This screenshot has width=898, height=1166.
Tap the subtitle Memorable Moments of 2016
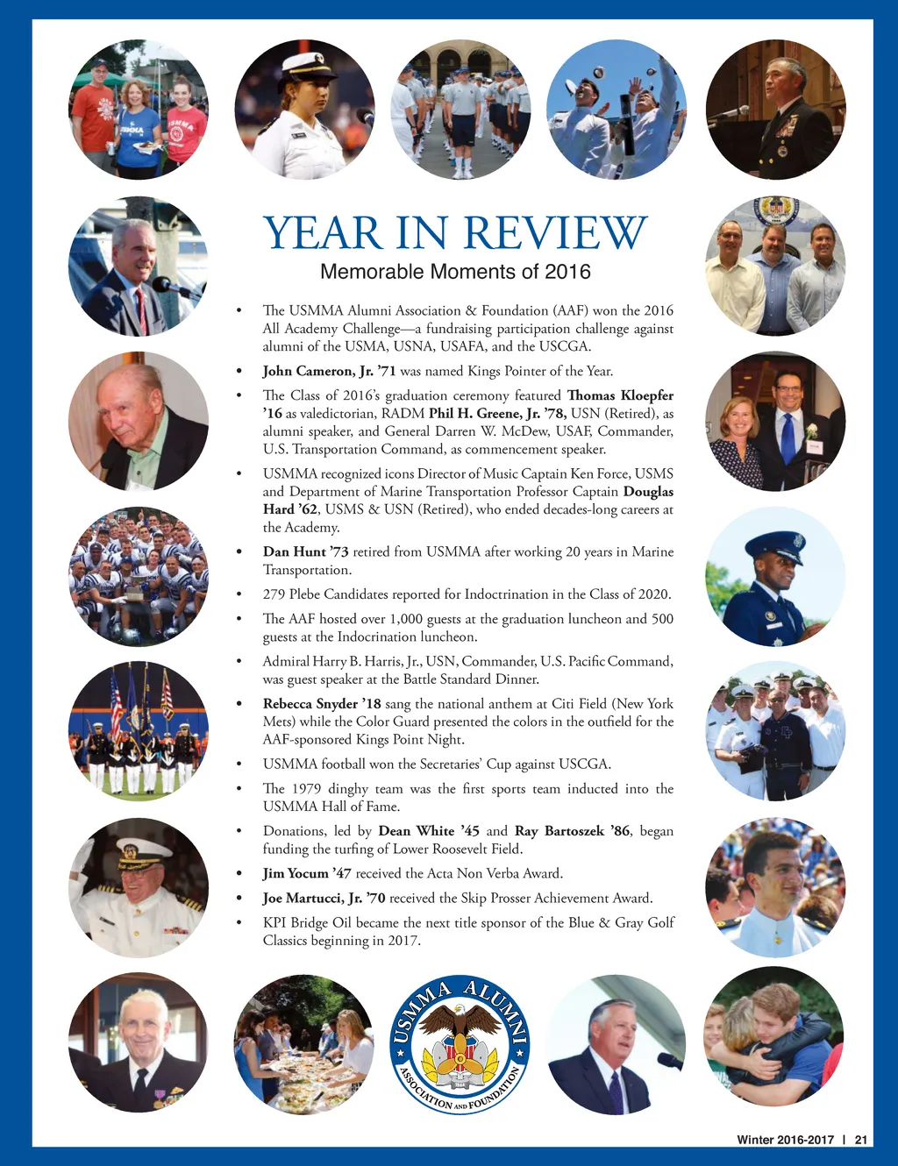pos(455,272)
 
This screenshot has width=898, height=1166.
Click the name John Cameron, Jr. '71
pos(329,371)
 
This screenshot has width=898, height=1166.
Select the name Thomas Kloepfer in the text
pos(620,395)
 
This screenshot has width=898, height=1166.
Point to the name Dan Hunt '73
pos(305,551)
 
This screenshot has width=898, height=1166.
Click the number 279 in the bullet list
pos(274,594)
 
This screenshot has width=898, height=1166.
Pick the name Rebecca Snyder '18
pos(322,703)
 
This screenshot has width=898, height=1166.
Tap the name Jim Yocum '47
pos(307,873)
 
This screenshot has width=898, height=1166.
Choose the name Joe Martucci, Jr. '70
pos(324,898)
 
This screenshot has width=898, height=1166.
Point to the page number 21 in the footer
pos(860,1140)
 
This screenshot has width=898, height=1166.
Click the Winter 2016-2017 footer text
pos(785,1140)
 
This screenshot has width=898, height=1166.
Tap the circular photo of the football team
pos(139,576)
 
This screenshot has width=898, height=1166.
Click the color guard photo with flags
pos(139,729)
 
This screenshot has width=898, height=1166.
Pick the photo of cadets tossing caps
pos(616,110)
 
